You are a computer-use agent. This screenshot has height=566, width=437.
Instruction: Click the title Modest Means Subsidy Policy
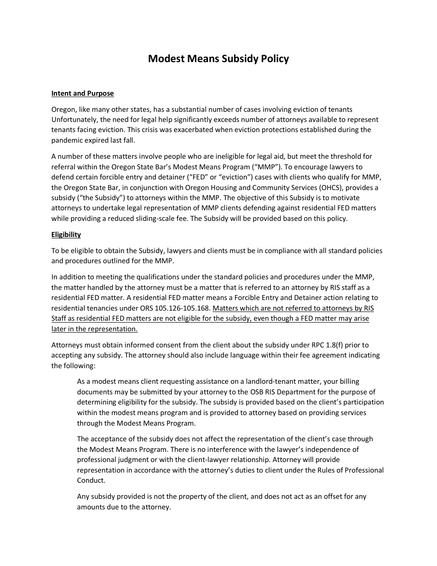click(x=218, y=59)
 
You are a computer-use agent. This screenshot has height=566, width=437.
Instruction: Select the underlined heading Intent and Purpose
click(x=82, y=93)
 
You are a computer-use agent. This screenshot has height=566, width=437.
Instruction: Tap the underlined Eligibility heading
click(x=66, y=235)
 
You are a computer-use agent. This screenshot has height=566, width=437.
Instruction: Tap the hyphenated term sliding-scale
click(x=144, y=219)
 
